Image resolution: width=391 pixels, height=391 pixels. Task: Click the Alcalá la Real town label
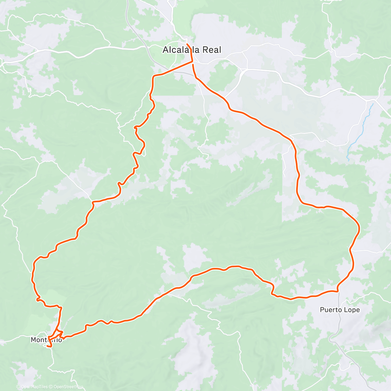pyautogui.click(x=192, y=50)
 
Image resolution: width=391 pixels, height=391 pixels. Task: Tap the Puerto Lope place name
pyautogui.click(x=340, y=310)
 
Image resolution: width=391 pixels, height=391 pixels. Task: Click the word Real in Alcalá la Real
pyautogui.click(x=211, y=50)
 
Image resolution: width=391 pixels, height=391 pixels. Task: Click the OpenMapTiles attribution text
pyautogui.click(x=35, y=387)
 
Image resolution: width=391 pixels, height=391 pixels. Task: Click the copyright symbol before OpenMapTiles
pyautogui.click(x=18, y=387)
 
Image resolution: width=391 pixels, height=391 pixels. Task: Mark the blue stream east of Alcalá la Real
pyautogui.click(x=360, y=130)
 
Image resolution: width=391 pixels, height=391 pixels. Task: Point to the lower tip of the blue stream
pyautogui.click(x=348, y=160)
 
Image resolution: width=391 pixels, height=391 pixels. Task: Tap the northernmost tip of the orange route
pyautogui.click(x=187, y=44)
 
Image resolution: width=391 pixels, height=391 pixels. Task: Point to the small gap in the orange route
pyautogui.click(x=193, y=63)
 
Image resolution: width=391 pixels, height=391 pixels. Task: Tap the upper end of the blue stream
pyautogui.click(x=373, y=104)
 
